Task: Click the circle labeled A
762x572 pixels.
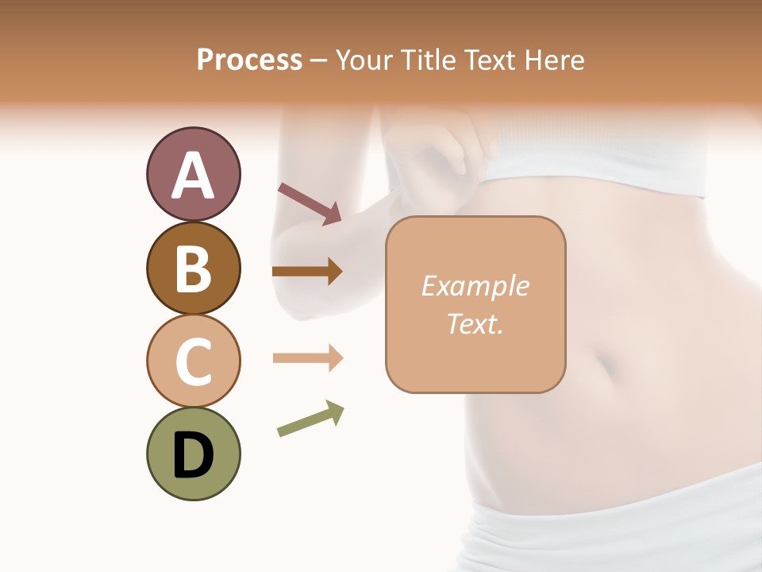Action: point(193,174)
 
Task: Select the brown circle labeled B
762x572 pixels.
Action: point(193,268)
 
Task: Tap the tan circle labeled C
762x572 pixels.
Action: point(193,361)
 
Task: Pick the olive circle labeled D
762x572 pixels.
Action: point(193,454)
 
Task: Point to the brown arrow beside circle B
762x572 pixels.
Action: point(307,272)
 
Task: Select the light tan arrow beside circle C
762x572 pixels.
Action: point(307,358)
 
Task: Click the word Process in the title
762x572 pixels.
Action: point(249,60)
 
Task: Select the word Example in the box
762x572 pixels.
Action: point(475,286)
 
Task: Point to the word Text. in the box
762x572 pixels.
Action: point(475,324)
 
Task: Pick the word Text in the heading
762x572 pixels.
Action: point(489,60)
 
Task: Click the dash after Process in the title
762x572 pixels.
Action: point(318,61)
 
